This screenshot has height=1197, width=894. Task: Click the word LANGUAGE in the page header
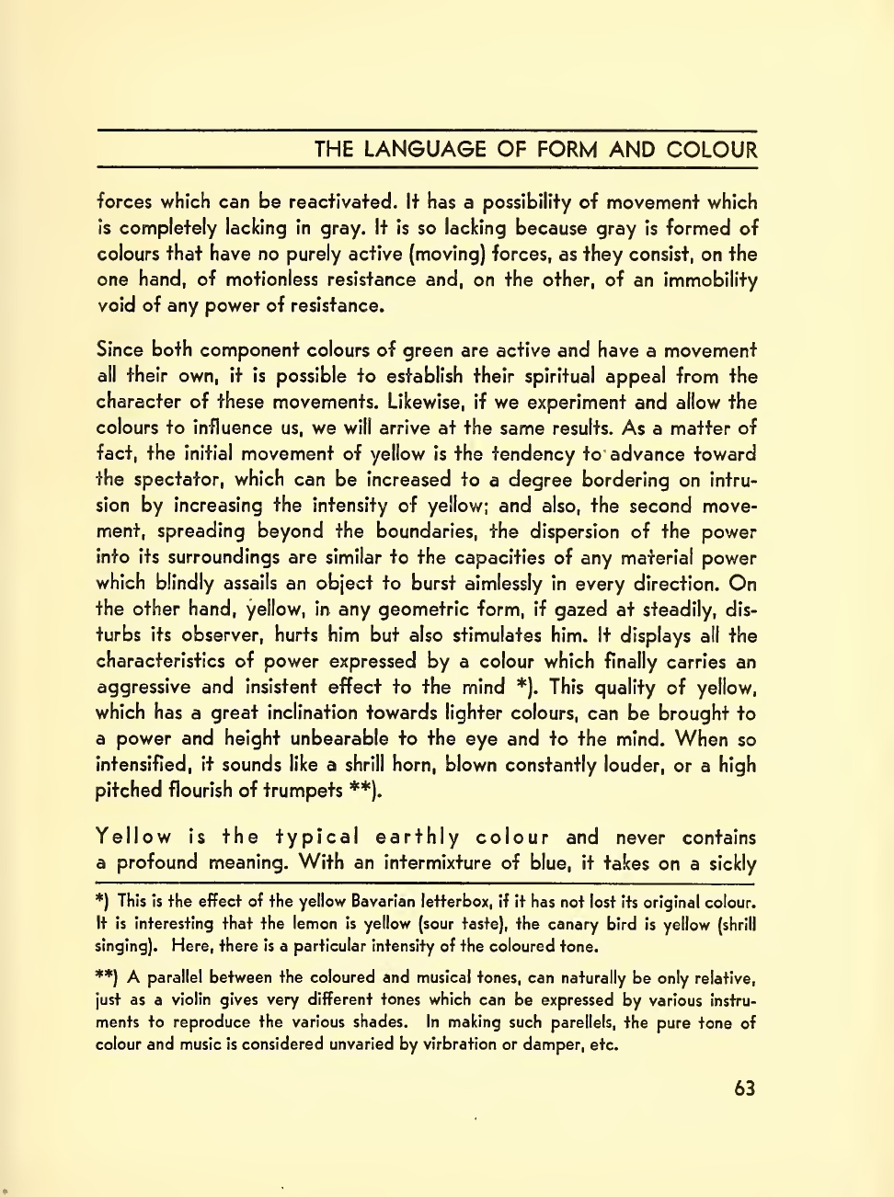point(424,150)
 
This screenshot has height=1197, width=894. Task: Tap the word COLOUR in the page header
point(713,150)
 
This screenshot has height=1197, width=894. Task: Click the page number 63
point(745,1089)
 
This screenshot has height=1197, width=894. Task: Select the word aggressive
point(143,687)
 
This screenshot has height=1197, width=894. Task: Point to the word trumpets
point(298,790)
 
